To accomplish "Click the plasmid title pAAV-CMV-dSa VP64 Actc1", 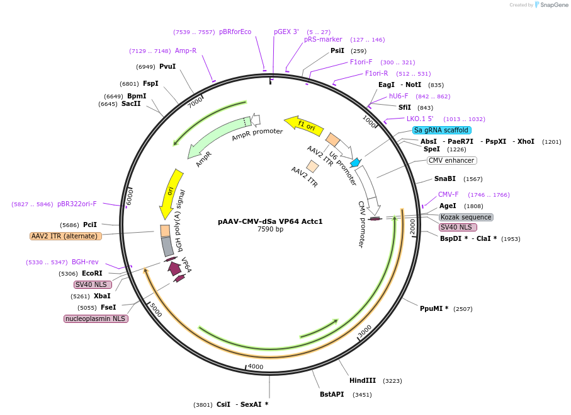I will coord(270,221).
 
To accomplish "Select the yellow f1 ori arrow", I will coord(303,124).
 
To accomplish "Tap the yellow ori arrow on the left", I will coord(170,193).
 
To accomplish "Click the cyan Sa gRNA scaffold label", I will coord(441,130).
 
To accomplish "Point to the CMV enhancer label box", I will coord(451,160).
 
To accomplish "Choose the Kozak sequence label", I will coord(466,217).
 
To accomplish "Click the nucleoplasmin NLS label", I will coord(96,319).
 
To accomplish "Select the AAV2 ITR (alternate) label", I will coord(65,236).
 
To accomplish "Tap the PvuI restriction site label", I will coord(167,66).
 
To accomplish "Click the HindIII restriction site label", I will coord(363,380).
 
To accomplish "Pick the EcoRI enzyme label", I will coord(92,273).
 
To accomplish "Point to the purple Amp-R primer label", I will coord(186,50).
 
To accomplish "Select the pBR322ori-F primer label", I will coord(77,204).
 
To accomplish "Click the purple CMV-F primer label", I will coord(448,194).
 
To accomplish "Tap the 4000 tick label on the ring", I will coord(255,366).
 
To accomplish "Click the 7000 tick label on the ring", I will coord(196,102).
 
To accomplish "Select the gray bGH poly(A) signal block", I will coord(167,246).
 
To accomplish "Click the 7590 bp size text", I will coord(270,229).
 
